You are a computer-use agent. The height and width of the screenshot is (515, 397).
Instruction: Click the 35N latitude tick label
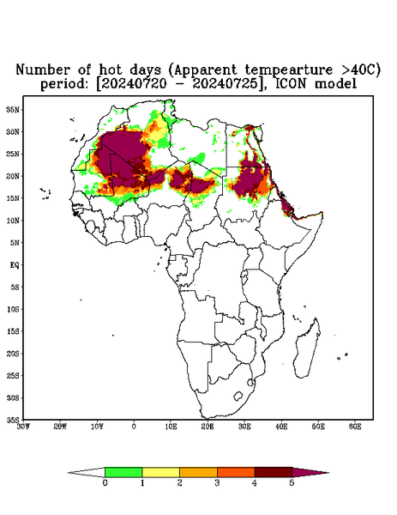(13, 109)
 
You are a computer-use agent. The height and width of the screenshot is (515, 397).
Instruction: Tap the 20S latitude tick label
(13, 354)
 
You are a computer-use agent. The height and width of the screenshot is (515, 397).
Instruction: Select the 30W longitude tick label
(23, 427)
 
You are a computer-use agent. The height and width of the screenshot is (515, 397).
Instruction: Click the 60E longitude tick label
(355, 427)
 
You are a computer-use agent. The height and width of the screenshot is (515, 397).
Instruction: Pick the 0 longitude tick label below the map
(134, 427)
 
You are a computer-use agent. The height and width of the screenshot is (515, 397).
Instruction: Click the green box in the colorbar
(123, 472)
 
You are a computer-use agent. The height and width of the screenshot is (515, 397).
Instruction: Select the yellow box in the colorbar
(160, 472)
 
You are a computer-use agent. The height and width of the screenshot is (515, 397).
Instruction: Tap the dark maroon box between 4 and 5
(274, 472)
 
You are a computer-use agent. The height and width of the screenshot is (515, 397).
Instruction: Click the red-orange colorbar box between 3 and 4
(236, 472)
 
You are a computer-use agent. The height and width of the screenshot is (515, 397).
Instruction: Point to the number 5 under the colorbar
(292, 483)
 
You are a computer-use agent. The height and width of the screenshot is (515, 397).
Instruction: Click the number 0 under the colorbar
(105, 483)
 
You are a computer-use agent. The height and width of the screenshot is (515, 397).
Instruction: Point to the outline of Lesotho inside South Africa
(238, 396)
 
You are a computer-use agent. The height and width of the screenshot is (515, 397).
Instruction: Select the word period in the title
(64, 84)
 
